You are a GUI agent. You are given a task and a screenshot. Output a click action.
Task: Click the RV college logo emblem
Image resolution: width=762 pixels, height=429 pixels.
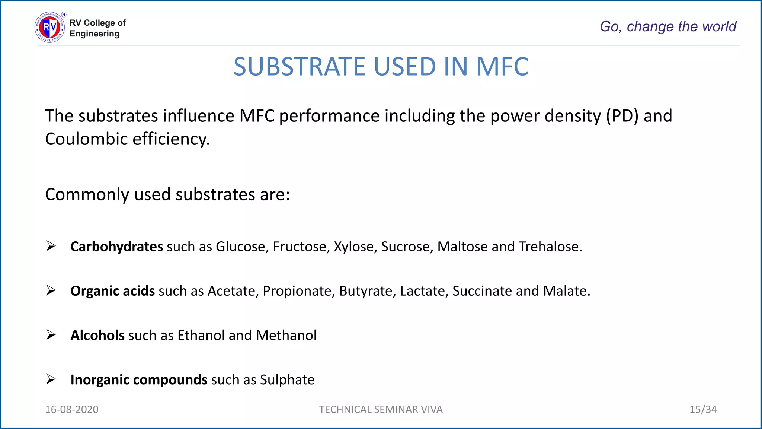pyautogui.click(x=50, y=27)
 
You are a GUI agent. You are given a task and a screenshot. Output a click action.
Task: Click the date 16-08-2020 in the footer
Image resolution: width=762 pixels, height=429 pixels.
pyautogui.click(x=72, y=410)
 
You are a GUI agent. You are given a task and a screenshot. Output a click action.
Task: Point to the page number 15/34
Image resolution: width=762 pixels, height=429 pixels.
pyautogui.click(x=703, y=410)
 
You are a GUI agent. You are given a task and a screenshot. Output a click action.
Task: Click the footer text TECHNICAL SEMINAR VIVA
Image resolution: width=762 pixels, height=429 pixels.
pyautogui.click(x=381, y=410)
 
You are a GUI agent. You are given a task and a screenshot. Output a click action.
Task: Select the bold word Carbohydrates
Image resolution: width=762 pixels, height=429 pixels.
pyautogui.click(x=116, y=247)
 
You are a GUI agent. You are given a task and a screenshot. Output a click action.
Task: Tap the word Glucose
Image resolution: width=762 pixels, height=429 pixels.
pyautogui.click(x=242, y=247)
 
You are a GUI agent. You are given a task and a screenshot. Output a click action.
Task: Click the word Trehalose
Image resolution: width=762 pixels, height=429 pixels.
pyautogui.click(x=550, y=247)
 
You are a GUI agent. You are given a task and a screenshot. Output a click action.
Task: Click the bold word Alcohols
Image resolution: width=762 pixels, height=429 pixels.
pyautogui.click(x=97, y=336)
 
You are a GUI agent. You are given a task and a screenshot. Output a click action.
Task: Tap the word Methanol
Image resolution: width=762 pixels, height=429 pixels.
pyautogui.click(x=286, y=336)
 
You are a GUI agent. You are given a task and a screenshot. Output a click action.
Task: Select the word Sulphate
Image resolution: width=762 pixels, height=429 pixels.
pyautogui.click(x=287, y=380)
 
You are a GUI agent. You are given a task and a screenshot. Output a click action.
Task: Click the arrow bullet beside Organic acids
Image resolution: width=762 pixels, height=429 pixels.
pyautogui.click(x=51, y=290)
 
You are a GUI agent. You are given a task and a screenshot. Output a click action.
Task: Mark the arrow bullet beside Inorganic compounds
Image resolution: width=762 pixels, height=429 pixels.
pyautogui.click(x=51, y=379)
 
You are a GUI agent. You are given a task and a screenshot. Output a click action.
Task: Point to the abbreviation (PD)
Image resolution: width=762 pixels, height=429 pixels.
pyautogui.click(x=622, y=116)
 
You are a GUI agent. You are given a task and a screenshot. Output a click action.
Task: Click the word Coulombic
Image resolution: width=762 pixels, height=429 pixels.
pyautogui.click(x=86, y=139)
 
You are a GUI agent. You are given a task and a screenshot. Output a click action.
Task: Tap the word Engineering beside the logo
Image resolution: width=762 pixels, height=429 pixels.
pyautogui.click(x=95, y=34)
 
